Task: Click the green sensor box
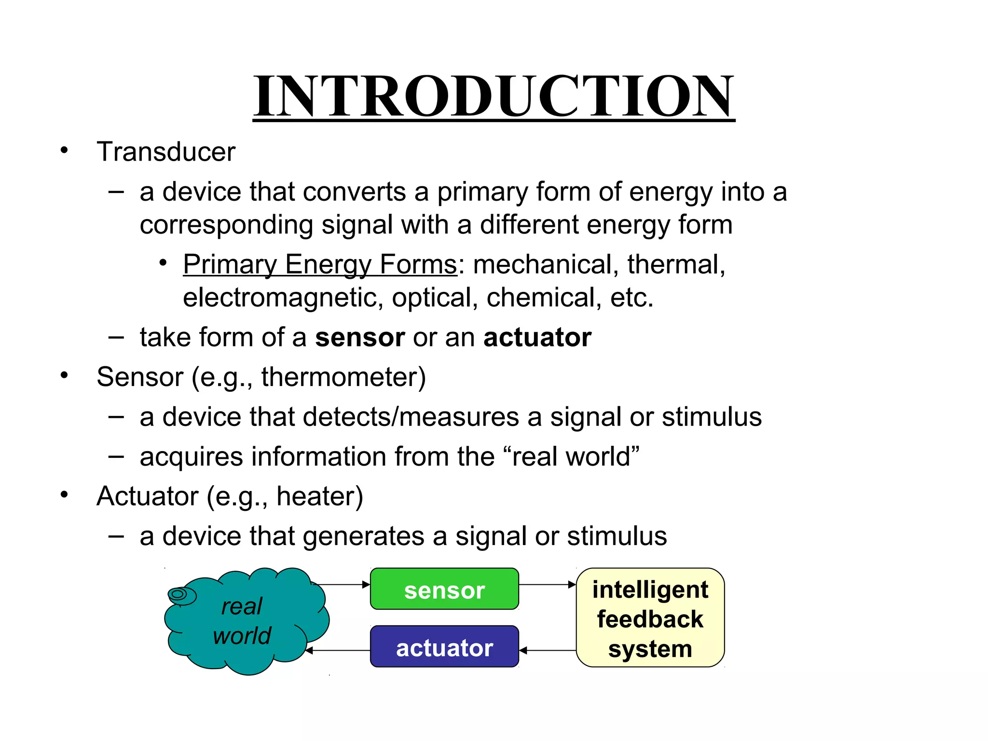(x=444, y=589)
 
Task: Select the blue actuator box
(x=444, y=647)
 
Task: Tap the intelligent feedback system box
(x=650, y=618)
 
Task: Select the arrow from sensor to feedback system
(x=547, y=585)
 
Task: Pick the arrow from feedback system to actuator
(x=547, y=651)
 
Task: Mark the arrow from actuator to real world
(x=338, y=651)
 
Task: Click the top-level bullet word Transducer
(x=166, y=152)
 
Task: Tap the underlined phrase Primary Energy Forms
(x=320, y=264)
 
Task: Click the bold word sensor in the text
(x=359, y=337)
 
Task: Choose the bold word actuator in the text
(x=537, y=337)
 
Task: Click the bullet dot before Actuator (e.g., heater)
(x=64, y=495)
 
